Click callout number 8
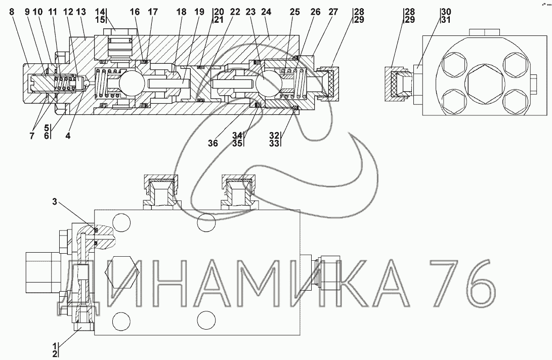pos(12,12)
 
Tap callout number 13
pos(81,12)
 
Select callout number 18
pos(181,12)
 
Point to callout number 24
pos(266,12)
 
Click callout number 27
pos(333,12)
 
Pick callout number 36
pos(213,143)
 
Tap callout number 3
pos(55,202)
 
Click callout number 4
pos(68,135)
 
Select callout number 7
pos(32,135)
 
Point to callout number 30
pos(446,12)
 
